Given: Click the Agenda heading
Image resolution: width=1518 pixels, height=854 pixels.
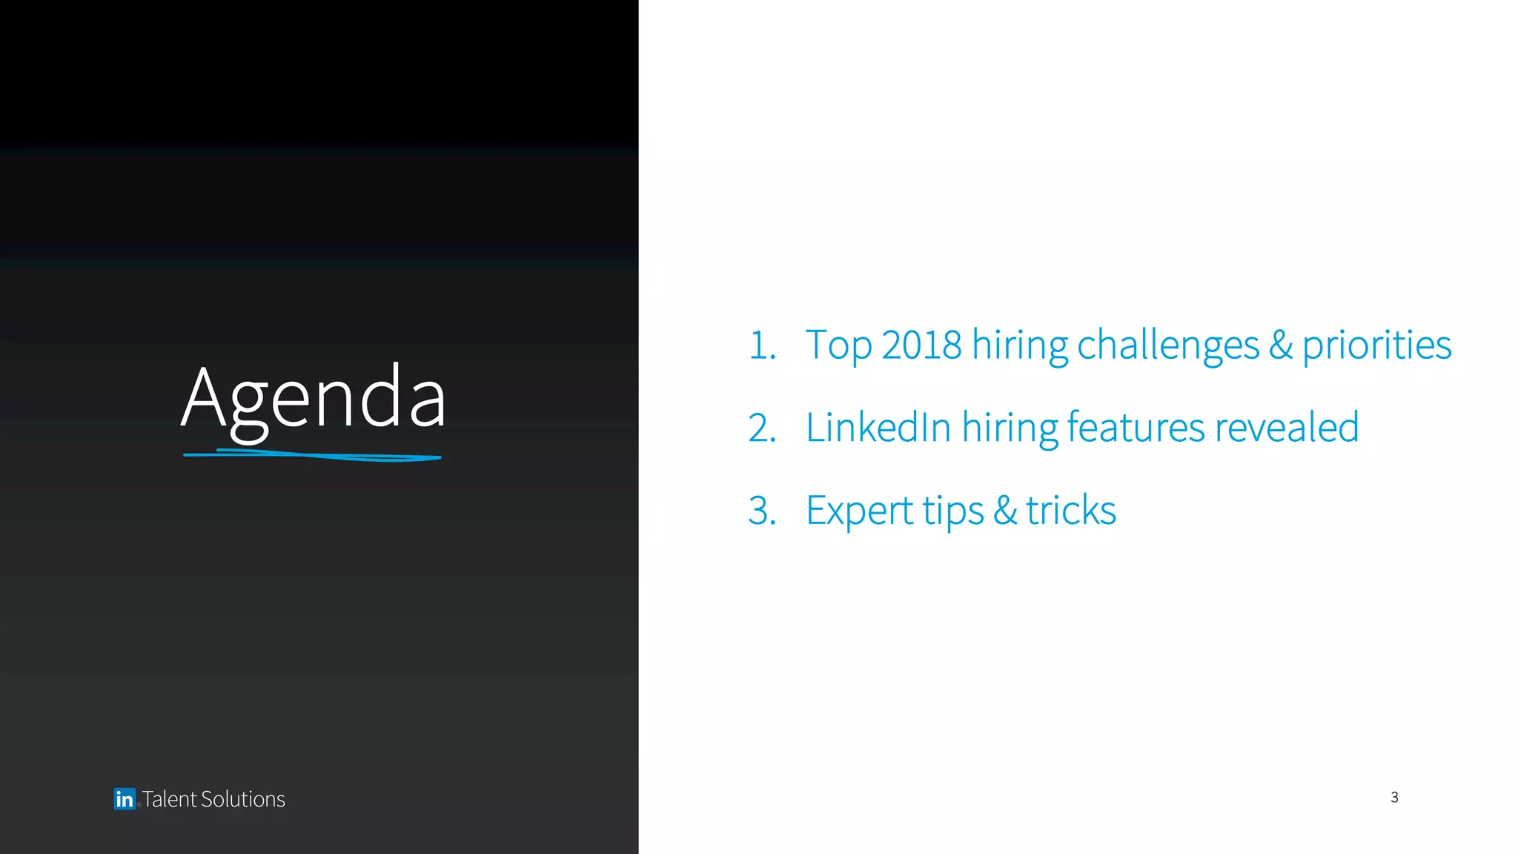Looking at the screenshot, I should click(313, 399).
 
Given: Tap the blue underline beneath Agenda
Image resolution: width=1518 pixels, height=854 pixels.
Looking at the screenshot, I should click(312, 455).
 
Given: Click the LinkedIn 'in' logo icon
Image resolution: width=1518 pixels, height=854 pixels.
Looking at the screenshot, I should click(125, 798).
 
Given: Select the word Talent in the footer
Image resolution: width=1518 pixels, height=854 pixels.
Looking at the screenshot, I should click(170, 799).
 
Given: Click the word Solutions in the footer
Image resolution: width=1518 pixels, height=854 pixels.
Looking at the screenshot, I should click(242, 799).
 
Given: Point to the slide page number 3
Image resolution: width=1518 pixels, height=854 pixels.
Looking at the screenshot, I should click(1394, 797).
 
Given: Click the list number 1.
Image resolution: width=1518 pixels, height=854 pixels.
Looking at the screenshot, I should click(762, 345).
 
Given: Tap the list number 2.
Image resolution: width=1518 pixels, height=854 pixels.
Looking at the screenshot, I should click(762, 428).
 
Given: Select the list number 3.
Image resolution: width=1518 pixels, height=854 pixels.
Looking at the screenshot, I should click(762, 511).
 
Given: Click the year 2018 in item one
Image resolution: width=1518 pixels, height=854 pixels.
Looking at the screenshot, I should click(921, 345).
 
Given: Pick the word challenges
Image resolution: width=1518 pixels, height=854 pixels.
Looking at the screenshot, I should click(1167, 345).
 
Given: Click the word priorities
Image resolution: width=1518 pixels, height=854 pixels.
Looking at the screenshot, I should click(1376, 345).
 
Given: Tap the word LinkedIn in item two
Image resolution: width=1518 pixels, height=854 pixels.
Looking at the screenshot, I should click(878, 428).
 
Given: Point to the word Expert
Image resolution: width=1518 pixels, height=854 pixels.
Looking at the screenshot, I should click(859, 511).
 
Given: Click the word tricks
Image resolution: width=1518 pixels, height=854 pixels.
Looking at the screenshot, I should click(1070, 511).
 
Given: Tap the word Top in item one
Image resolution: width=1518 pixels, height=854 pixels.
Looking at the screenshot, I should click(838, 345).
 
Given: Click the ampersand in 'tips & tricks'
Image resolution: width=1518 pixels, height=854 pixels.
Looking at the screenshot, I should click(1005, 511).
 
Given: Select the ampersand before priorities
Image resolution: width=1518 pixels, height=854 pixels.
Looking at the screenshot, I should click(1281, 345).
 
